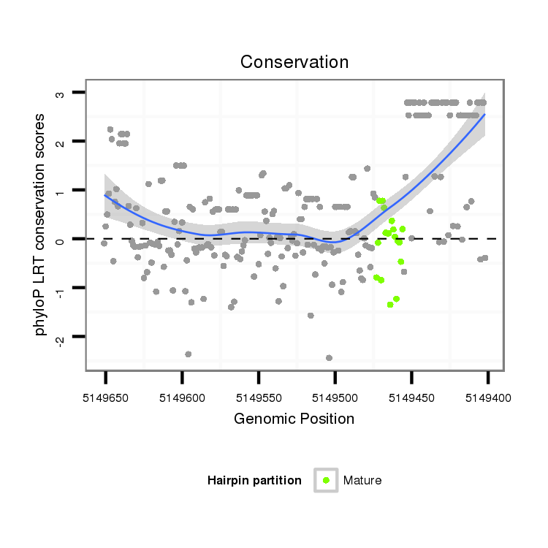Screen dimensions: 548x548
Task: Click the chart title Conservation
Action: point(294,62)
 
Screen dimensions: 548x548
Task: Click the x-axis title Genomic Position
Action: point(294,419)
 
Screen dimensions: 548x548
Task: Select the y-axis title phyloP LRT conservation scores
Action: point(41,224)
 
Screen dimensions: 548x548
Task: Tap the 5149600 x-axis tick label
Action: point(182,398)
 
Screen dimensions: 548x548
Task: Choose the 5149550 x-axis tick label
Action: point(259,398)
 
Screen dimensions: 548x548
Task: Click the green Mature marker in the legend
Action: point(326,480)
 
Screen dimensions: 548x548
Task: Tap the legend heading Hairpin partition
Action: point(254,481)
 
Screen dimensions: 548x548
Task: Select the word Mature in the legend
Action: point(362,481)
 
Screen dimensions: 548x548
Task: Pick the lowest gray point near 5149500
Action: point(329,358)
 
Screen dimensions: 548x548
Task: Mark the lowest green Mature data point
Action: point(390,305)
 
